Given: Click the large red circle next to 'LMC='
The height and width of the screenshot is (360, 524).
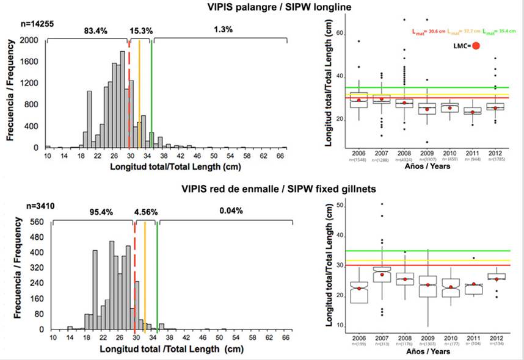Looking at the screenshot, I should (476, 45).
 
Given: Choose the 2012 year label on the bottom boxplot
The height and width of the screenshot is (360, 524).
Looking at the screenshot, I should (495, 338).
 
